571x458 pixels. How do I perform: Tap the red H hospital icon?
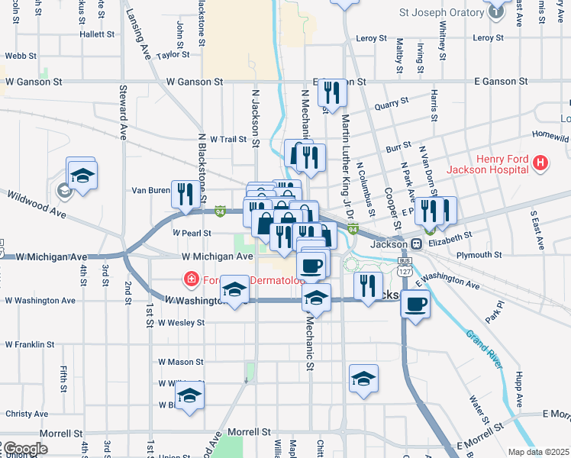pyautogui.click(x=540, y=163)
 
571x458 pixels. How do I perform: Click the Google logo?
pyautogui.click(x=24, y=449)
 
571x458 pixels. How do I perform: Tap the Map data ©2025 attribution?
pyautogui.click(x=538, y=452)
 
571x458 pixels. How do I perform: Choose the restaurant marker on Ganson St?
pyautogui.click(x=332, y=92)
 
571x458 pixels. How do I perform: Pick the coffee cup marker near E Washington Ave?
pyautogui.click(x=415, y=304)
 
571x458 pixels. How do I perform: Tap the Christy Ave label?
pyautogui.click(x=27, y=414)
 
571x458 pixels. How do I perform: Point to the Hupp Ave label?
pyautogui.click(x=519, y=389)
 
